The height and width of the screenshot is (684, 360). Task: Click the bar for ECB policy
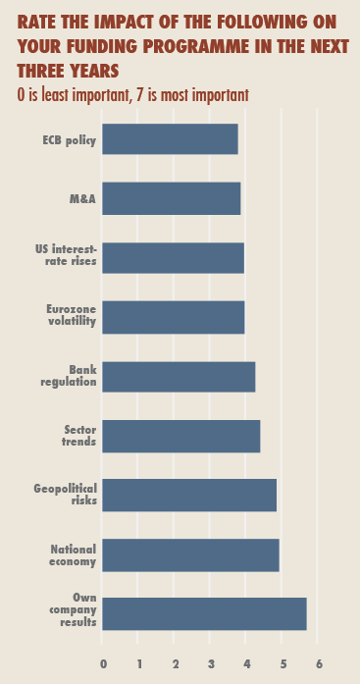click(x=170, y=139)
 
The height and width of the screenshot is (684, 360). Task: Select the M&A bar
click(x=171, y=199)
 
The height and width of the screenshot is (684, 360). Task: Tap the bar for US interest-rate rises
click(x=173, y=258)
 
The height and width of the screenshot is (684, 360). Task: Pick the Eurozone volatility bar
click(x=173, y=317)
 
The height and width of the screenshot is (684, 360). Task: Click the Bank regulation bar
click(x=179, y=377)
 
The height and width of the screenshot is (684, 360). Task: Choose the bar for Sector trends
click(x=180, y=436)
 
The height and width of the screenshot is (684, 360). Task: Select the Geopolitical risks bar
click(x=189, y=496)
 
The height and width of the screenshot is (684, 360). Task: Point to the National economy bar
click(x=190, y=554)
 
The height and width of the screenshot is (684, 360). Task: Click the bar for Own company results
click(x=204, y=614)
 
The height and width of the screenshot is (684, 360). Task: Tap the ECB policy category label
click(x=69, y=140)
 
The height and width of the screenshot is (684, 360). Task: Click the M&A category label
click(x=81, y=199)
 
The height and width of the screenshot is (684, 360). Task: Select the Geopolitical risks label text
click(x=65, y=496)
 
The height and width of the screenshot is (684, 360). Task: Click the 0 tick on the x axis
click(x=103, y=663)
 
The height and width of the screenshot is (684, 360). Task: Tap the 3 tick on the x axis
click(x=211, y=663)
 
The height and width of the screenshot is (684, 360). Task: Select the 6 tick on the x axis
click(x=319, y=663)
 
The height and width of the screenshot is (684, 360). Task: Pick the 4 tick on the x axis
click(x=247, y=663)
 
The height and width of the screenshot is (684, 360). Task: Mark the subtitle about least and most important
click(x=132, y=95)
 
